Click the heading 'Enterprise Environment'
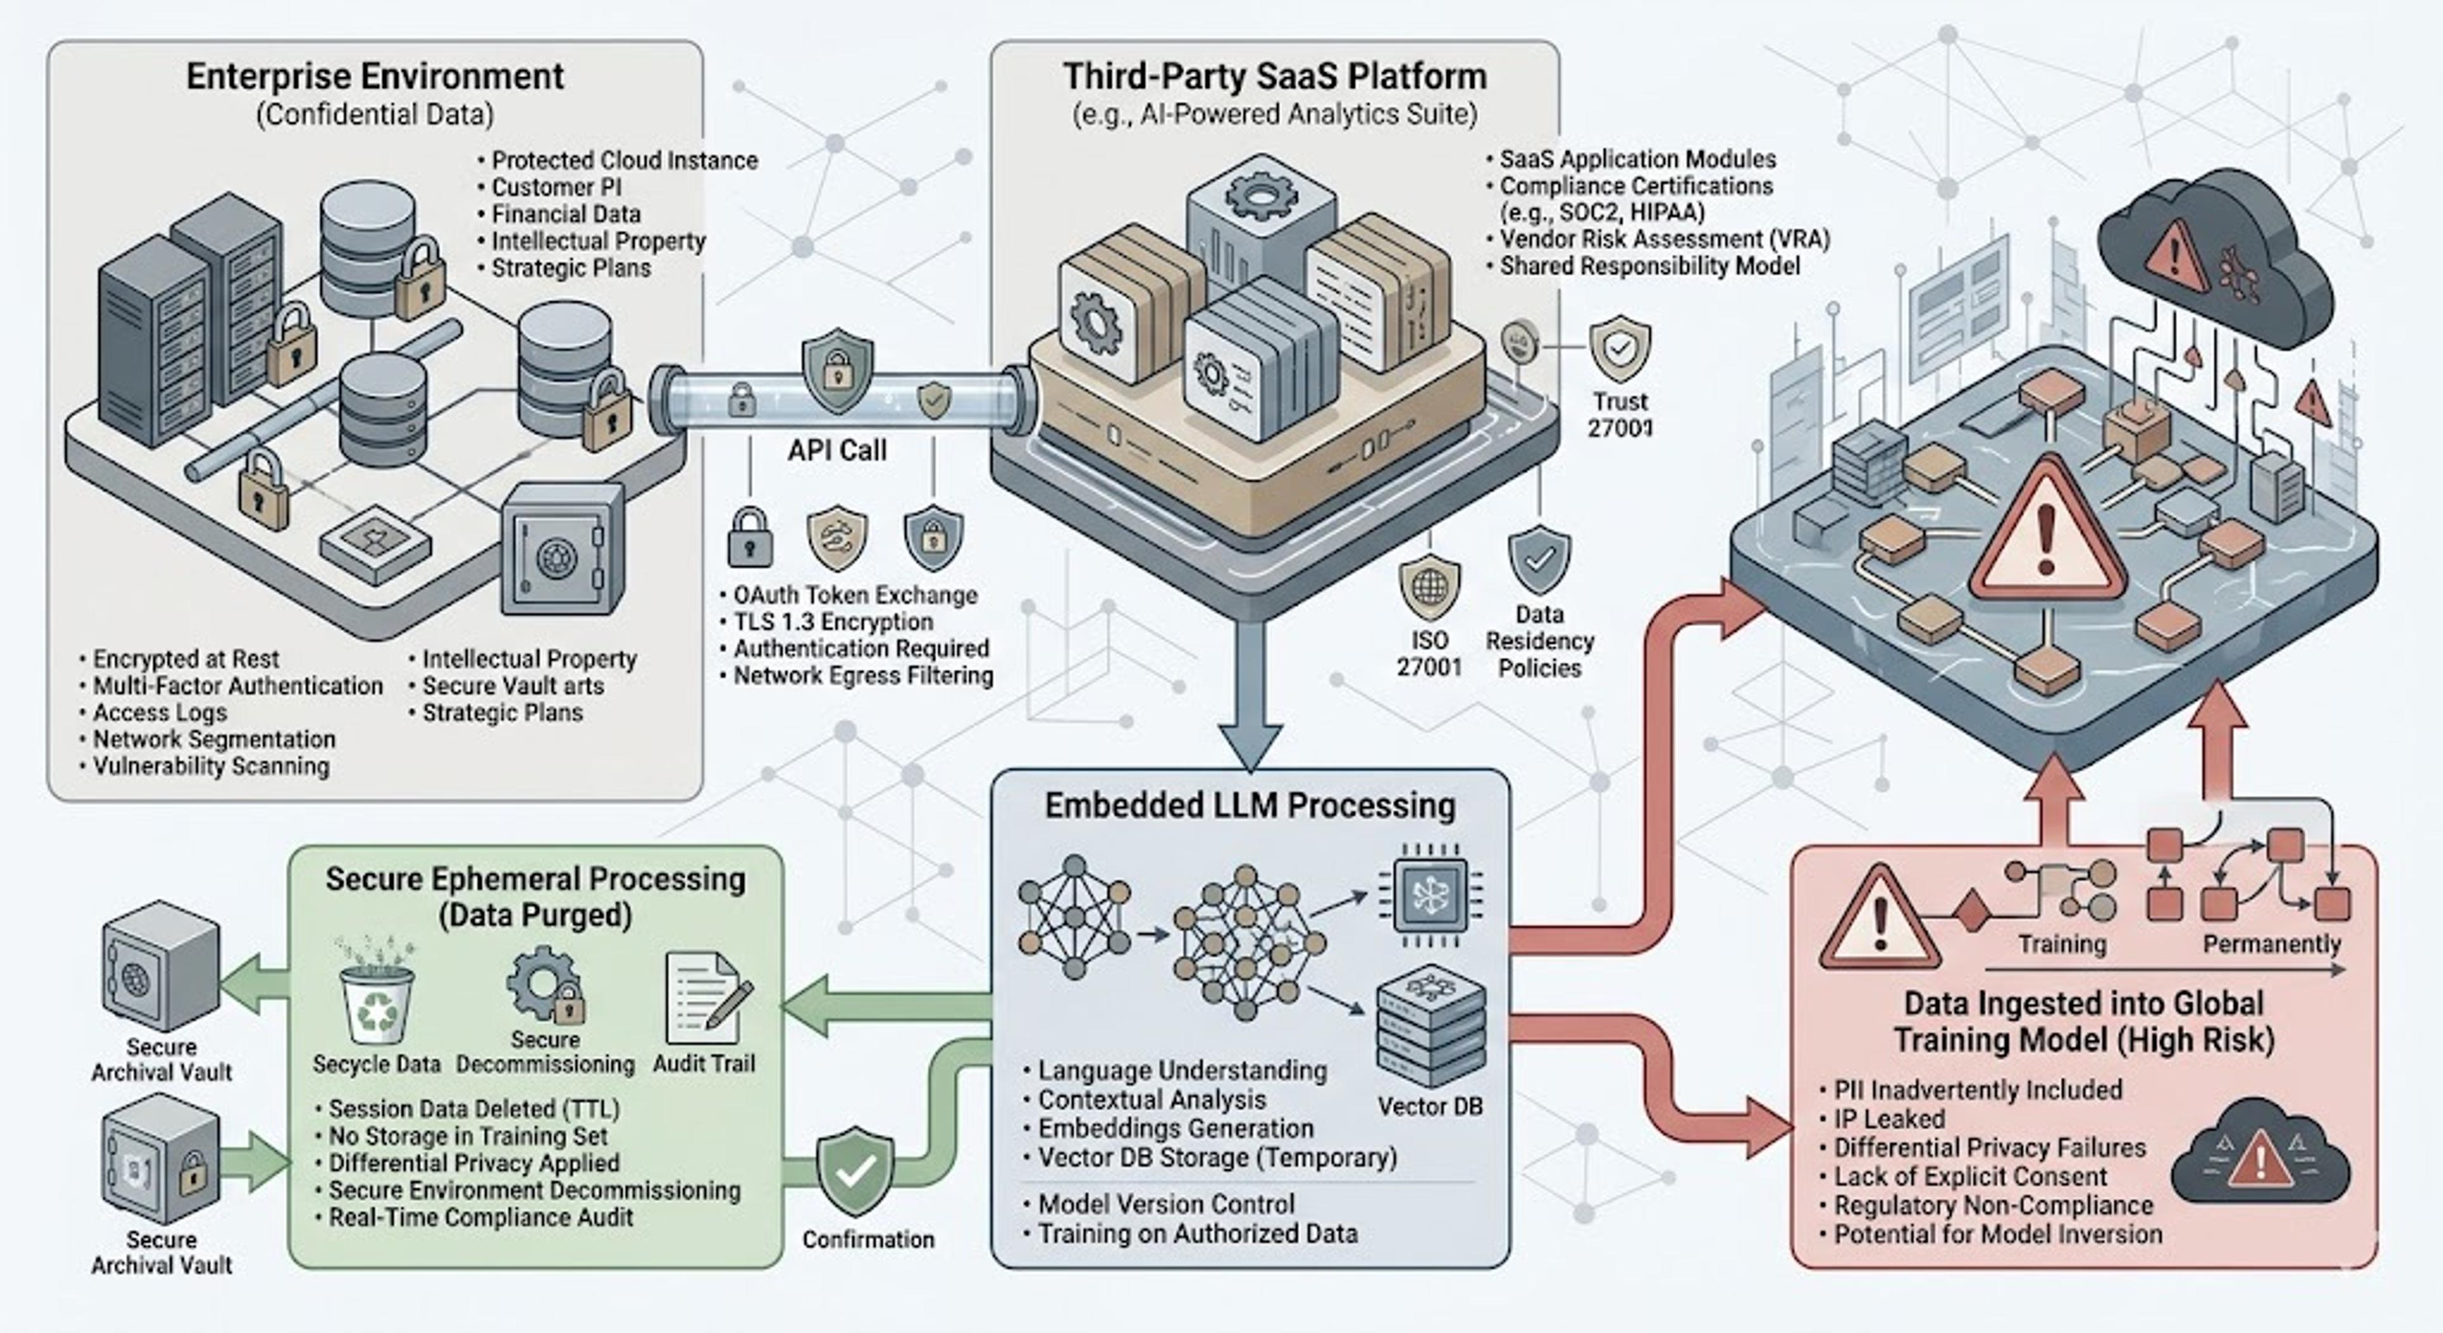[x=375, y=76]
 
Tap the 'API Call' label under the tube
[x=837, y=450]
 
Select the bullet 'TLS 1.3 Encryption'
[x=833, y=622]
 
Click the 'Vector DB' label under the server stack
[x=1429, y=1107]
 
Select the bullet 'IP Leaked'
[x=1888, y=1119]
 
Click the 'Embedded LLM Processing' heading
[x=1250, y=806]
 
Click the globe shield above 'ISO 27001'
[x=1429, y=588]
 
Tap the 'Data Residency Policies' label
[x=1539, y=641]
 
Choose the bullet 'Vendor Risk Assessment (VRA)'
[x=1664, y=239]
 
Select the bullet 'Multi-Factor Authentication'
[x=237, y=686]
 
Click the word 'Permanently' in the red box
[x=2271, y=944]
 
